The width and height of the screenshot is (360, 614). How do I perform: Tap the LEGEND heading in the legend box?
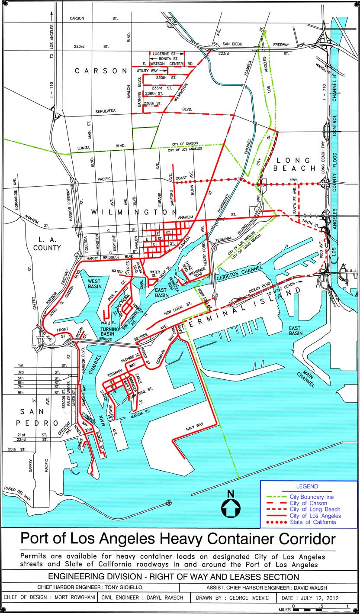pos(307,486)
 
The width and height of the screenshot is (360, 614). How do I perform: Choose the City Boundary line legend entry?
pos(312,497)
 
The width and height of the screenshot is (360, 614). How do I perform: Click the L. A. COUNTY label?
pos(48,243)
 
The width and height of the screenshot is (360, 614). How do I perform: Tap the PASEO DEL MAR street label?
pos(17,493)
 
